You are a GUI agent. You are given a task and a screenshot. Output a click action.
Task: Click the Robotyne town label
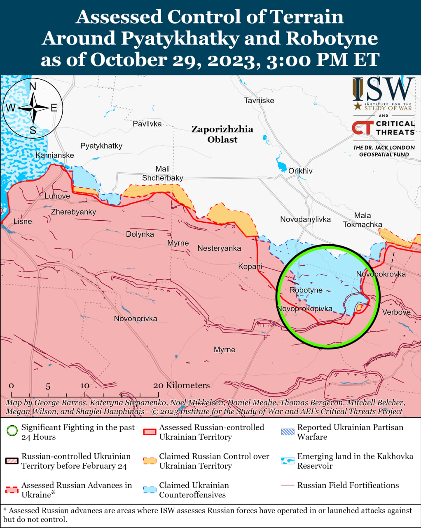pyautogui.click(x=306, y=290)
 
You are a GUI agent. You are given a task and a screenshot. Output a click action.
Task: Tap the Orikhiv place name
pyautogui.click(x=300, y=171)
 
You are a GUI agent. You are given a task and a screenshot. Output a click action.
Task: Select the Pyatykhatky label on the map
pyautogui.click(x=101, y=146)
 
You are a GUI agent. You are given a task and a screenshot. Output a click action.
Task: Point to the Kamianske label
pyautogui.click(x=55, y=155)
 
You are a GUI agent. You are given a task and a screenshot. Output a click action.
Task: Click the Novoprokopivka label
pyautogui.click(x=304, y=309)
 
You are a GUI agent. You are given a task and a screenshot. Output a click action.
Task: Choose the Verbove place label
pyautogui.click(x=396, y=312)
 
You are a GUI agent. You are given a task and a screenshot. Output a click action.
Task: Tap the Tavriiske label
pyautogui.click(x=259, y=100)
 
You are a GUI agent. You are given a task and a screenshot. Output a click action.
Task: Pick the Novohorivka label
pyautogui.click(x=136, y=318)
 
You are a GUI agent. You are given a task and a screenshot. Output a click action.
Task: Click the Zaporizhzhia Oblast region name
pyautogui.click(x=222, y=134)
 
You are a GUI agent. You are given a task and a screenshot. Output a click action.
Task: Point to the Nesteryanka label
pyautogui.click(x=219, y=248)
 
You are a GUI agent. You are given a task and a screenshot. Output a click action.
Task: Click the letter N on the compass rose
pyautogui.click(x=33, y=86)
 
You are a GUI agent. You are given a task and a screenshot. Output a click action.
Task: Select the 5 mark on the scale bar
pyautogui.click(x=48, y=387)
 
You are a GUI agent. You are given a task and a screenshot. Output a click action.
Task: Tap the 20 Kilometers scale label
pyautogui.click(x=181, y=385)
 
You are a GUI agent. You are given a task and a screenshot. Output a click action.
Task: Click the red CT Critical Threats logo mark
pyautogui.click(x=363, y=127)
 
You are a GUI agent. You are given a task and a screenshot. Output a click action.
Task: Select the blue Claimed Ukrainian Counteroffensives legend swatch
pyautogui.click(x=150, y=490)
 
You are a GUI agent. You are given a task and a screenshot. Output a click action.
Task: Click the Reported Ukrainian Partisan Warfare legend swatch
pyautogui.click(x=288, y=432)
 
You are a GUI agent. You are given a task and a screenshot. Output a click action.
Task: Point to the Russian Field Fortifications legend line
pyautogui.click(x=288, y=486)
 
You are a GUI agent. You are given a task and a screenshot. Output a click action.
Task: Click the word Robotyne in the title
pyautogui.click(x=332, y=38)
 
